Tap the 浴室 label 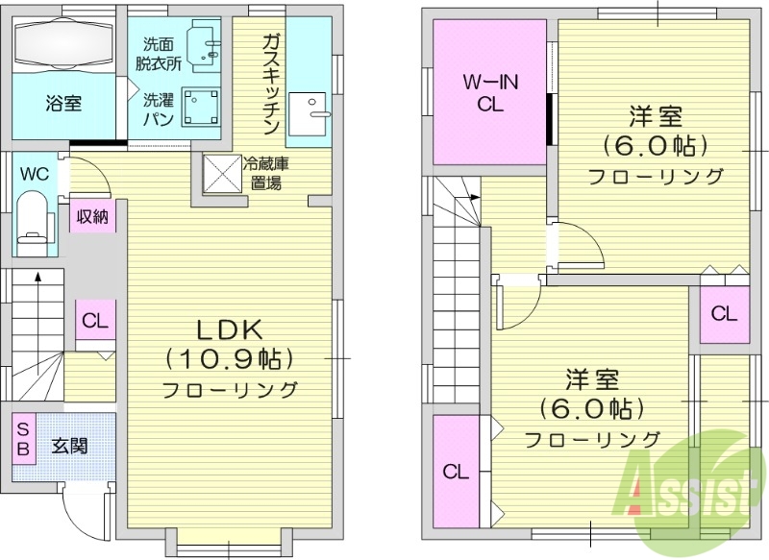coord(63,104)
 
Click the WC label coord(35,174)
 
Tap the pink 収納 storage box coord(92,215)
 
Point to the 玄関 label coord(69,446)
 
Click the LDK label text coord(229,329)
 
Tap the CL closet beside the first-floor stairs coord(94,321)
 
